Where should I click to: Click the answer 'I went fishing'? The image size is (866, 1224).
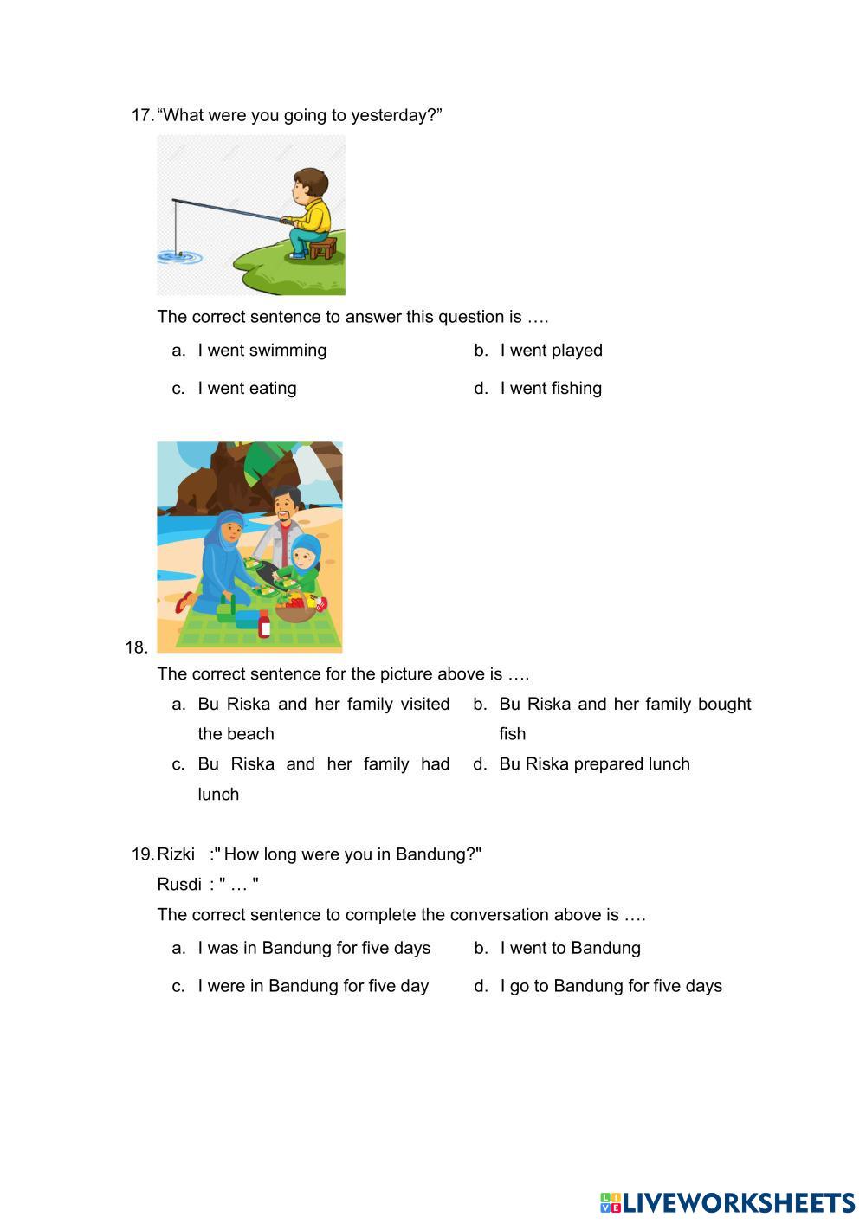[551, 389]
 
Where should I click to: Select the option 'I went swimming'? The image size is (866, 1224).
[262, 351]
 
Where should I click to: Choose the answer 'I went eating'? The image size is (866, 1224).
[247, 389]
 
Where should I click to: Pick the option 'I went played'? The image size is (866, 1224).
[551, 351]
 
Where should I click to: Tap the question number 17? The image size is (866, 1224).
[142, 115]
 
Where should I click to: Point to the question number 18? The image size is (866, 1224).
[136, 647]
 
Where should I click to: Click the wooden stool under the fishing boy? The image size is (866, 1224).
[322, 248]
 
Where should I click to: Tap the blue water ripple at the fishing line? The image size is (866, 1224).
[179, 256]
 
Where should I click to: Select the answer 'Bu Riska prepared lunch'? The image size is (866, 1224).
[594, 764]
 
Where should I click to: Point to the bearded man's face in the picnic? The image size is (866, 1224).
[285, 507]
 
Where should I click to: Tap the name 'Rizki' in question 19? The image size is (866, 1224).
[176, 854]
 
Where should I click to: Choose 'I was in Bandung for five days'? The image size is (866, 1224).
[313, 948]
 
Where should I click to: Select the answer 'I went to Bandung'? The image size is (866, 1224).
[570, 948]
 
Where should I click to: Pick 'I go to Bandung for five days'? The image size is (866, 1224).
[611, 986]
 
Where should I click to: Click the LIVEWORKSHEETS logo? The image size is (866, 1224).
[727, 1202]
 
